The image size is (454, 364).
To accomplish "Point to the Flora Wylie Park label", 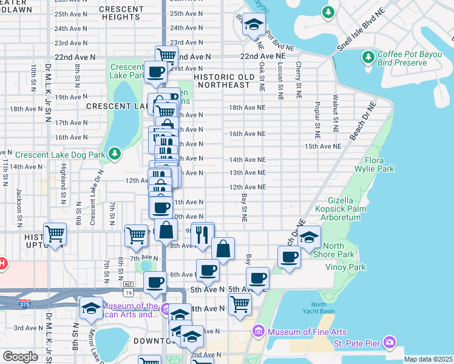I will point(379,164).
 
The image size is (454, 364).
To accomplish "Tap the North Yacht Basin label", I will point(322,308).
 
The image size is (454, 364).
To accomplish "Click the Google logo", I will point(20,357).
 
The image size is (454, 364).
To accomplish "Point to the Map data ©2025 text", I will point(428,359).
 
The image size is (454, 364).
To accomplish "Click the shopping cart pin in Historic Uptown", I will point(55,234).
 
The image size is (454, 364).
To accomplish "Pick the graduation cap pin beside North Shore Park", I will point(309,237).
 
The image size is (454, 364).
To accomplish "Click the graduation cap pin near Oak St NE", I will point(253,25).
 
